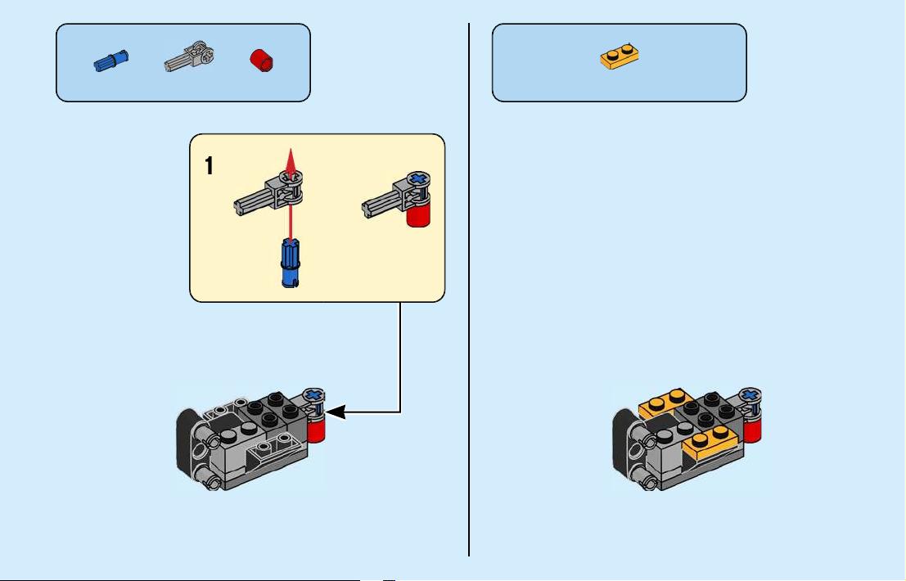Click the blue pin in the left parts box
coord(111,61)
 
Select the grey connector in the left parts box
coord(190,56)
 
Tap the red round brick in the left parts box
coord(262,60)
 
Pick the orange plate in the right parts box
coord(620,56)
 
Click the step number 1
coord(209,166)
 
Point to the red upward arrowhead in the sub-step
coord(291,162)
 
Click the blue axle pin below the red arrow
coord(291,263)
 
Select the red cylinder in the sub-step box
coord(419,213)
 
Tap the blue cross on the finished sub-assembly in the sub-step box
coord(420,179)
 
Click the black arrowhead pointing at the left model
coord(336,412)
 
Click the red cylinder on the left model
coord(315,429)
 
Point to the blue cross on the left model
coord(313,395)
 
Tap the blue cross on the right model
coord(750,395)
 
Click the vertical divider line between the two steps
coord(469,290)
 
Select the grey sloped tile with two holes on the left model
coord(272,449)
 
